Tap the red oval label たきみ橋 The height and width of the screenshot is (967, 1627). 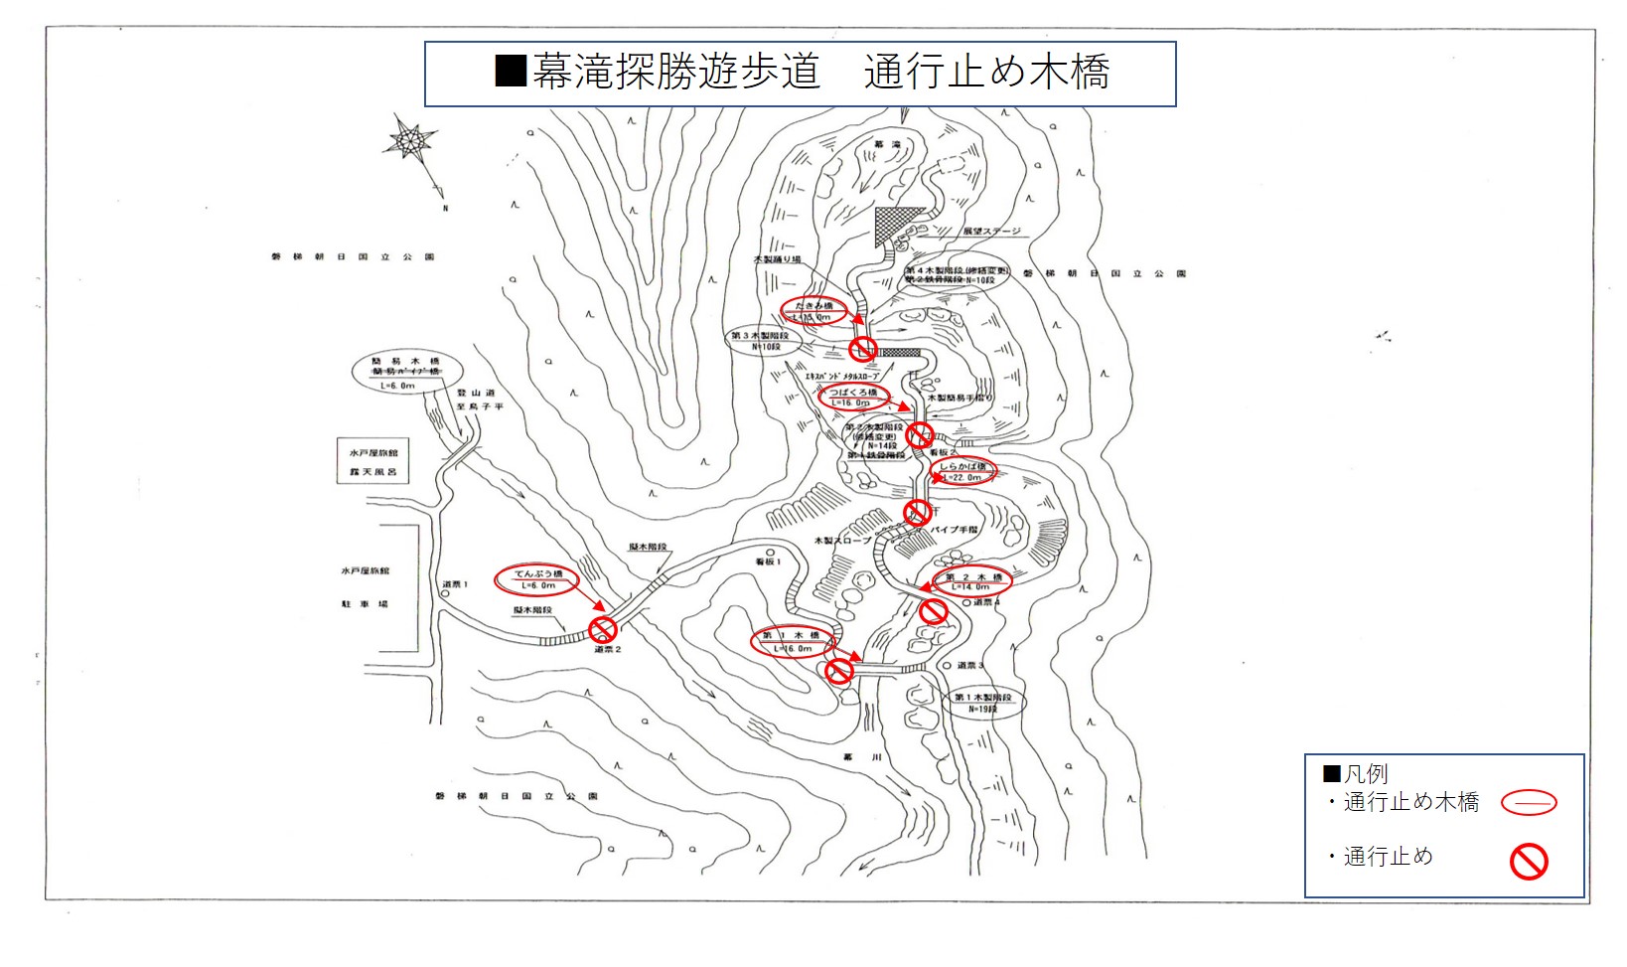(x=813, y=311)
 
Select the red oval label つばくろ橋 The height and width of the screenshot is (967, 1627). (x=852, y=398)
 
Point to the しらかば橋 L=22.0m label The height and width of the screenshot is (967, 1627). (x=962, y=472)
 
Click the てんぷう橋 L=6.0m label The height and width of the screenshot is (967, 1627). (x=537, y=579)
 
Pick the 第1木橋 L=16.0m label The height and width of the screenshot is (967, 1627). (x=792, y=641)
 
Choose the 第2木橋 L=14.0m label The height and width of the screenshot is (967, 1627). (x=972, y=581)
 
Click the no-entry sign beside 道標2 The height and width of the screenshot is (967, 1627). (x=603, y=629)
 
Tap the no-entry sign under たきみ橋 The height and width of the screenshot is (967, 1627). (x=863, y=348)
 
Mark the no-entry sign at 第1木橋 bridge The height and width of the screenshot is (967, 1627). (x=839, y=671)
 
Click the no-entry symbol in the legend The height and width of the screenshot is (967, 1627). (x=1529, y=861)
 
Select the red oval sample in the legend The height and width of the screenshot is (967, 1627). (x=1529, y=802)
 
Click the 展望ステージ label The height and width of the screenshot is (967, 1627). (x=990, y=232)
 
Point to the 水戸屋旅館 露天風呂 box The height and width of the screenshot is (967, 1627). (x=372, y=462)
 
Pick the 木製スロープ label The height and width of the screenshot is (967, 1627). (x=841, y=541)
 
